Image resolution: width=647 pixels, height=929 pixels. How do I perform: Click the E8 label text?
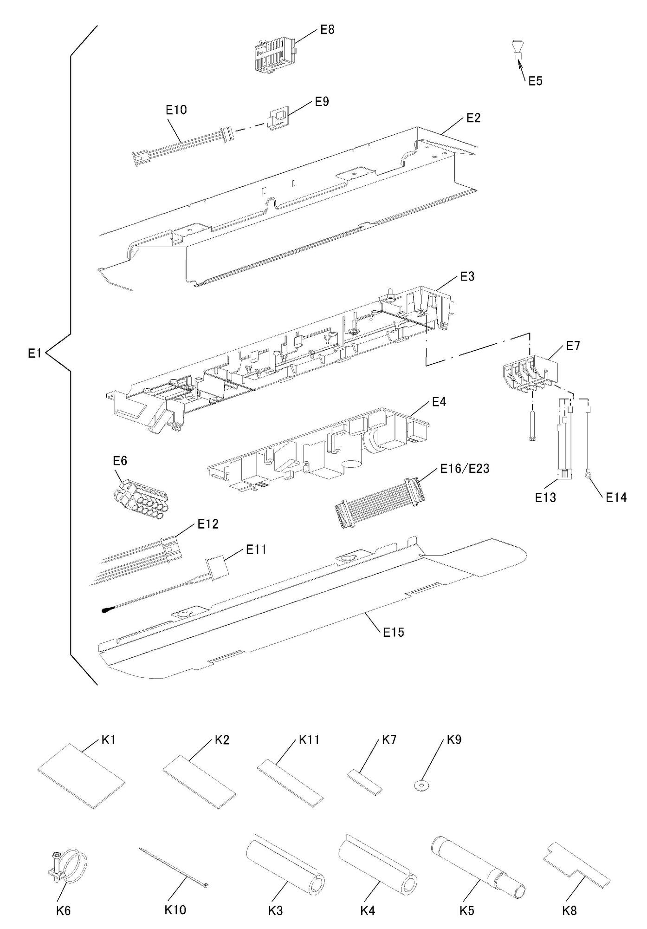point(327,30)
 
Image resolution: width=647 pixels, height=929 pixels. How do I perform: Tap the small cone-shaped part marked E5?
point(517,47)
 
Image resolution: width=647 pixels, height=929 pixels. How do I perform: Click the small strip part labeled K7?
point(365,781)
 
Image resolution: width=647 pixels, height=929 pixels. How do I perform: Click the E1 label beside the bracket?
point(35,354)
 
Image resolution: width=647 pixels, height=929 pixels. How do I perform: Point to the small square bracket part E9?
point(278,118)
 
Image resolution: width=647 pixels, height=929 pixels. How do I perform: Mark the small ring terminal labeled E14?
point(588,475)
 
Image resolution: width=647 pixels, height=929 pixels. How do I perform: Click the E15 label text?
point(394,632)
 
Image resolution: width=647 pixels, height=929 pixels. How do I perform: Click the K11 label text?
point(309,740)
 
